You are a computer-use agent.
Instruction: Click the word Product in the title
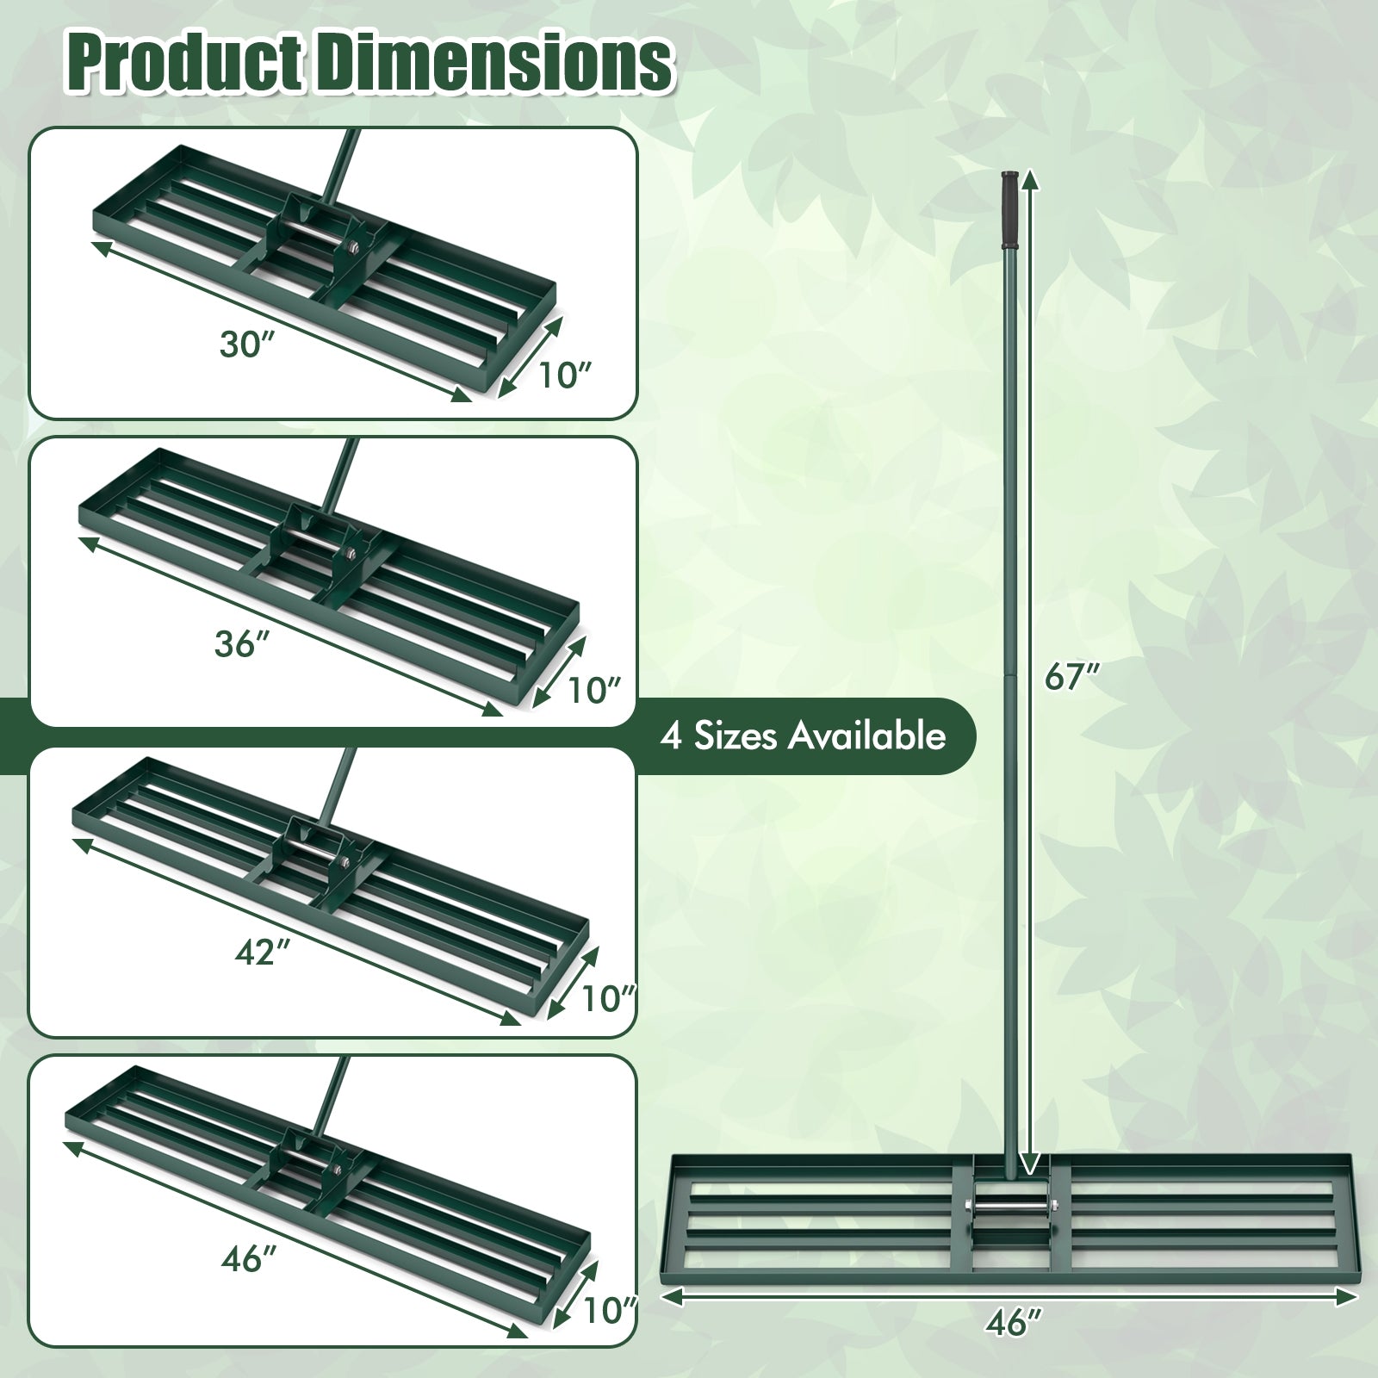coord(187,63)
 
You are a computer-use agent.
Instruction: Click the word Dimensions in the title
coord(493,63)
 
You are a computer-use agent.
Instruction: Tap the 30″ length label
coord(245,344)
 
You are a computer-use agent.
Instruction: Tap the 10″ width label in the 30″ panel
coord(566,375)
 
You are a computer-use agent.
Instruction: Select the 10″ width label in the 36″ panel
coord(594,690)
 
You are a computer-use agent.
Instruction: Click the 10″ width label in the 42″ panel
coord(608,999)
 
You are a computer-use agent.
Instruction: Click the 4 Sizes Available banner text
coord(803,736)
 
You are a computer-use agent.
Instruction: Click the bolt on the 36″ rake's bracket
coord(352,556)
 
